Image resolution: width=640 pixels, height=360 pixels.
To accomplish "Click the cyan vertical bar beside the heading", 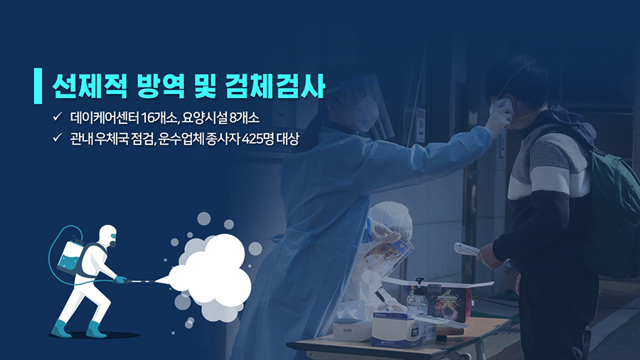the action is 38,85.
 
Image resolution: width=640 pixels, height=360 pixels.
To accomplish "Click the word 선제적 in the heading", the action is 90,86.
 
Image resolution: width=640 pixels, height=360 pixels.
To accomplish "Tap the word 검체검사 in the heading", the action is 274,86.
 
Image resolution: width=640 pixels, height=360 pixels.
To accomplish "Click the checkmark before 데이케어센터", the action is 58,117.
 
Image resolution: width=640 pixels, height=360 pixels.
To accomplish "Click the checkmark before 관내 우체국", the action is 58,137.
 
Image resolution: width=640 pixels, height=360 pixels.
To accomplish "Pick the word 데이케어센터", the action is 105,118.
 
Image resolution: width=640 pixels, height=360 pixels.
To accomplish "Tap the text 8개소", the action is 244,118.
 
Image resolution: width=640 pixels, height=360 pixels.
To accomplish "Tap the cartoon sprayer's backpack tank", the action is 70,256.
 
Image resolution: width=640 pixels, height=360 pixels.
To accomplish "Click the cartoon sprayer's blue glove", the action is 120,280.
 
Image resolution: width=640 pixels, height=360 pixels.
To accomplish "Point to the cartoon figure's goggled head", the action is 108,235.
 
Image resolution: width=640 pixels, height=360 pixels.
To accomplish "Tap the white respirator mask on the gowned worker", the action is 365,112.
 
